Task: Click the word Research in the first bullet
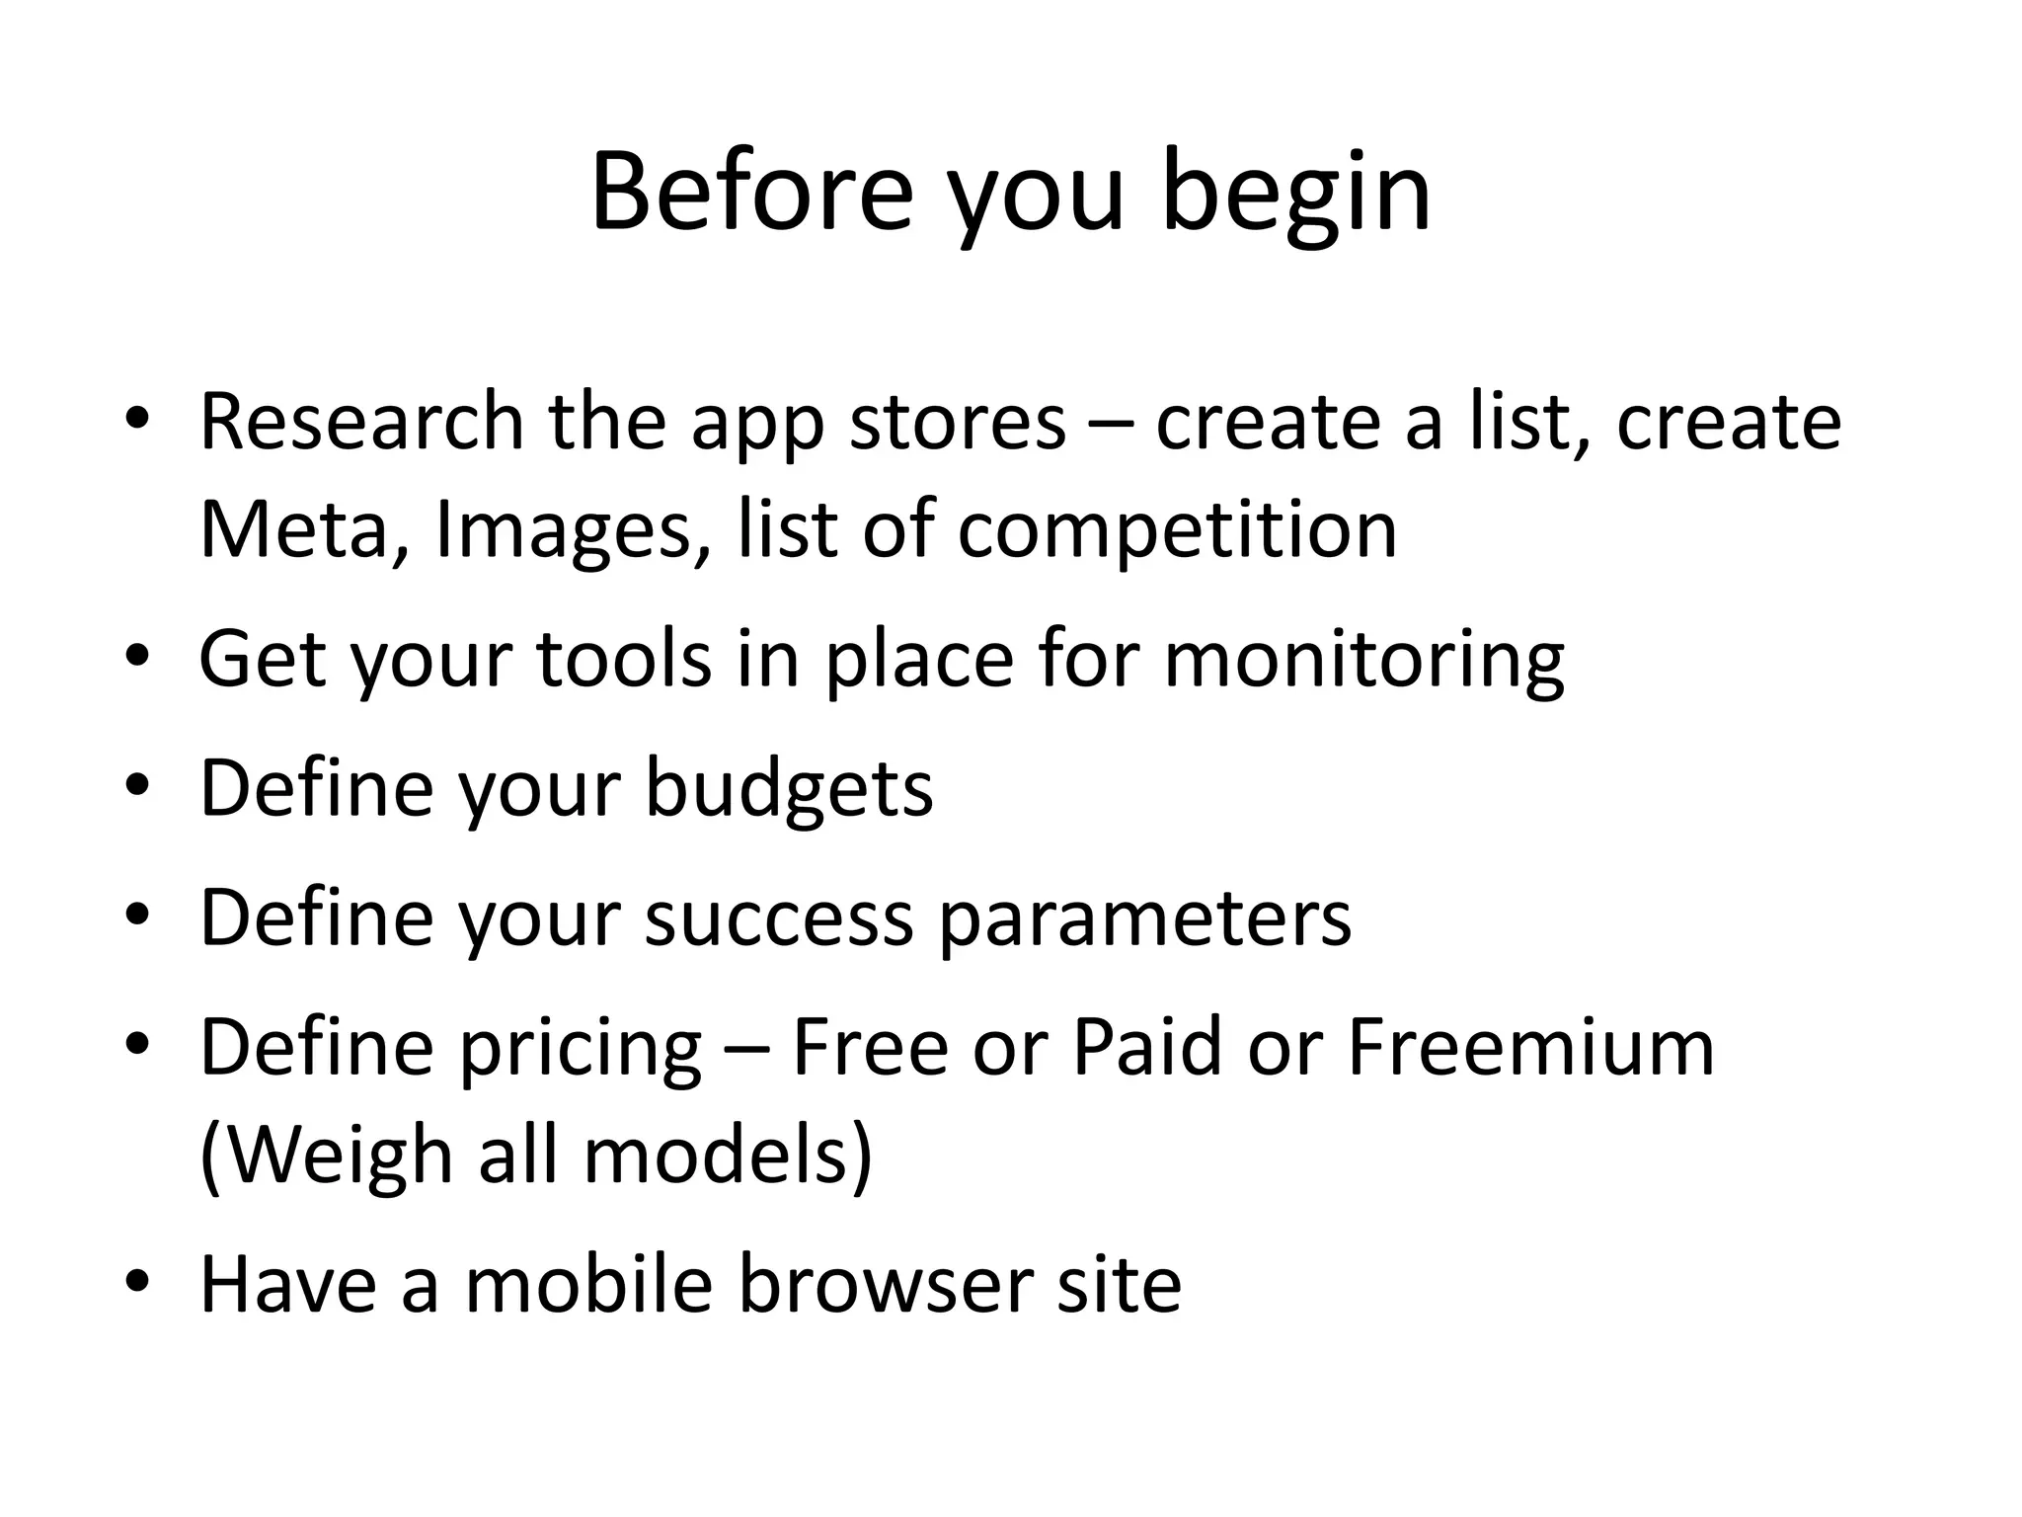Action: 361,422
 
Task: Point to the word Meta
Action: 294,530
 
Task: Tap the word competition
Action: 1177,530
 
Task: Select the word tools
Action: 623,659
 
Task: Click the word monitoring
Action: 1363,659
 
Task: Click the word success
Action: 779,918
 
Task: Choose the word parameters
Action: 1144,918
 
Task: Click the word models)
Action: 728,1156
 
